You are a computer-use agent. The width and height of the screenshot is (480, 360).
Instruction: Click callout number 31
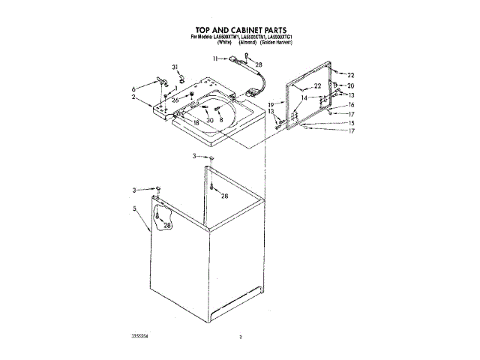[x=175, y=67]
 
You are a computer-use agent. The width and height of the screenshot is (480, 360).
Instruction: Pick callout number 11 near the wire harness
[x=214, y=58]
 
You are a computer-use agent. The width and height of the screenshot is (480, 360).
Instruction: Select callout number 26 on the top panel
[x=174, y=100]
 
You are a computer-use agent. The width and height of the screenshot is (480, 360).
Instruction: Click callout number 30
[x=210, y=120]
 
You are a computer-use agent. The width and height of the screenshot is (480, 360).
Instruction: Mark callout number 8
[x=221, y=120]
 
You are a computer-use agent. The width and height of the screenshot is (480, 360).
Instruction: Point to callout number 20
[x=350, y=85]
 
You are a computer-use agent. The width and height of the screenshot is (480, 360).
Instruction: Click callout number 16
[x=350, y=105]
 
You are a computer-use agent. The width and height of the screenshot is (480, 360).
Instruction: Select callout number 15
[x=350, y=122]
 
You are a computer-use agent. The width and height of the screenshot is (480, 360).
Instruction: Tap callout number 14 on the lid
[x=304, y=97]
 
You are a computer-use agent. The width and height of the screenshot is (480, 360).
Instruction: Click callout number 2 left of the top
[x=133, y=97]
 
